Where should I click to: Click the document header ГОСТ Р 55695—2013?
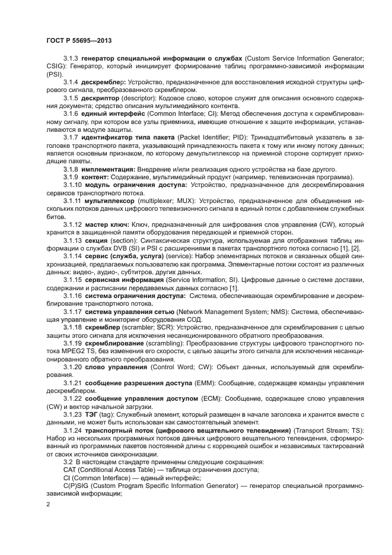click(x=78, y=39)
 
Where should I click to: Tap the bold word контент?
click(x=94, y=177)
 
